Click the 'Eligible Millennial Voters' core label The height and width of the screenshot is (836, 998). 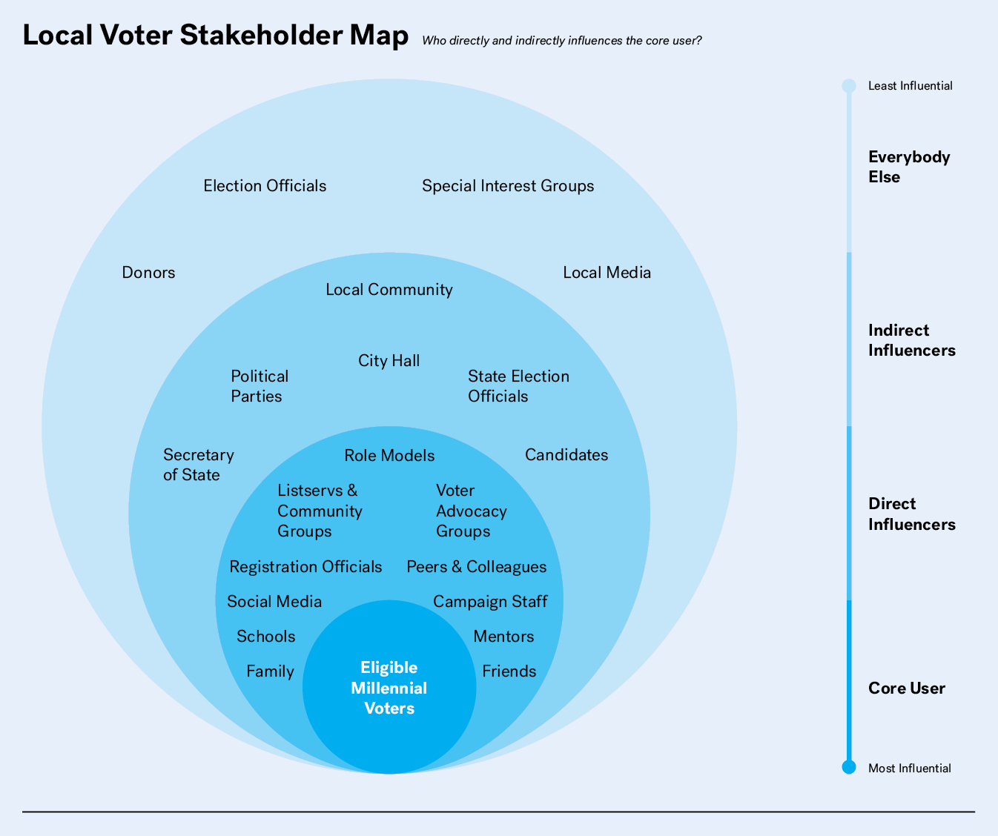[389, 688]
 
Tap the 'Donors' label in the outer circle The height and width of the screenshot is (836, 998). [148, 273]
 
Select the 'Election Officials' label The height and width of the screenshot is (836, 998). [265, 186]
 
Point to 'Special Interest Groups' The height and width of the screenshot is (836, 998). [508, 186]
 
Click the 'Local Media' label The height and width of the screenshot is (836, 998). [607, 273]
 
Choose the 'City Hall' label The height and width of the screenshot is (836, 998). [389, 361]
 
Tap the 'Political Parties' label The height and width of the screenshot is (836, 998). [259, 386]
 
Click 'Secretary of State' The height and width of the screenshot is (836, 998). [198, 465]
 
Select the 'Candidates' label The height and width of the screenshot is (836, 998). [566, 455]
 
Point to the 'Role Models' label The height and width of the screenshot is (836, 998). [389, 456]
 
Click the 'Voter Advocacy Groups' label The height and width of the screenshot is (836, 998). [471, 511]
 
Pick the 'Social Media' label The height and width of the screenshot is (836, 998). [274, 602]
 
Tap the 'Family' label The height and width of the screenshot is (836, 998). [270, 671]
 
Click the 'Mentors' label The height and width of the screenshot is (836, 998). [503, 637]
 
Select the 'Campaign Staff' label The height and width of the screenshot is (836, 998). [490, 602]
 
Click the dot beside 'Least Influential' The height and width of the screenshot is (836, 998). [849, 86]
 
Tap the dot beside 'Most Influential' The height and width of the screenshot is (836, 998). [849, 767]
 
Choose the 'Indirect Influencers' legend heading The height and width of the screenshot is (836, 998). [911, 340]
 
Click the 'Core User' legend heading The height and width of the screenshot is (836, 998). [906, 689]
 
